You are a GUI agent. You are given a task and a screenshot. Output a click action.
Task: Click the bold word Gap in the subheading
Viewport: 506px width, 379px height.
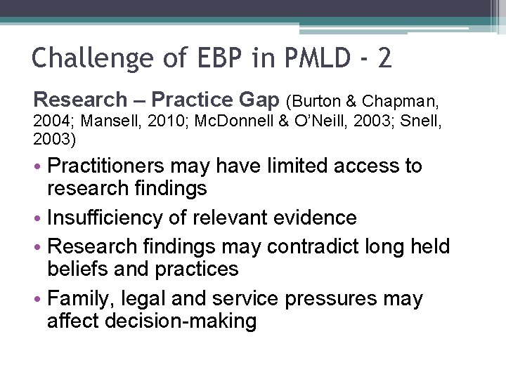[258, 99]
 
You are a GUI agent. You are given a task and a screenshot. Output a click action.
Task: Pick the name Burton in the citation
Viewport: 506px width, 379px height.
[313, 100]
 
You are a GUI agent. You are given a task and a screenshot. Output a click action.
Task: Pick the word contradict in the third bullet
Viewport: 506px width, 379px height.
[304, 247]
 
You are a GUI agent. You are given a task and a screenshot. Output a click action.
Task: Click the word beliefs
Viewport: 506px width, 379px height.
[78, 268]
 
